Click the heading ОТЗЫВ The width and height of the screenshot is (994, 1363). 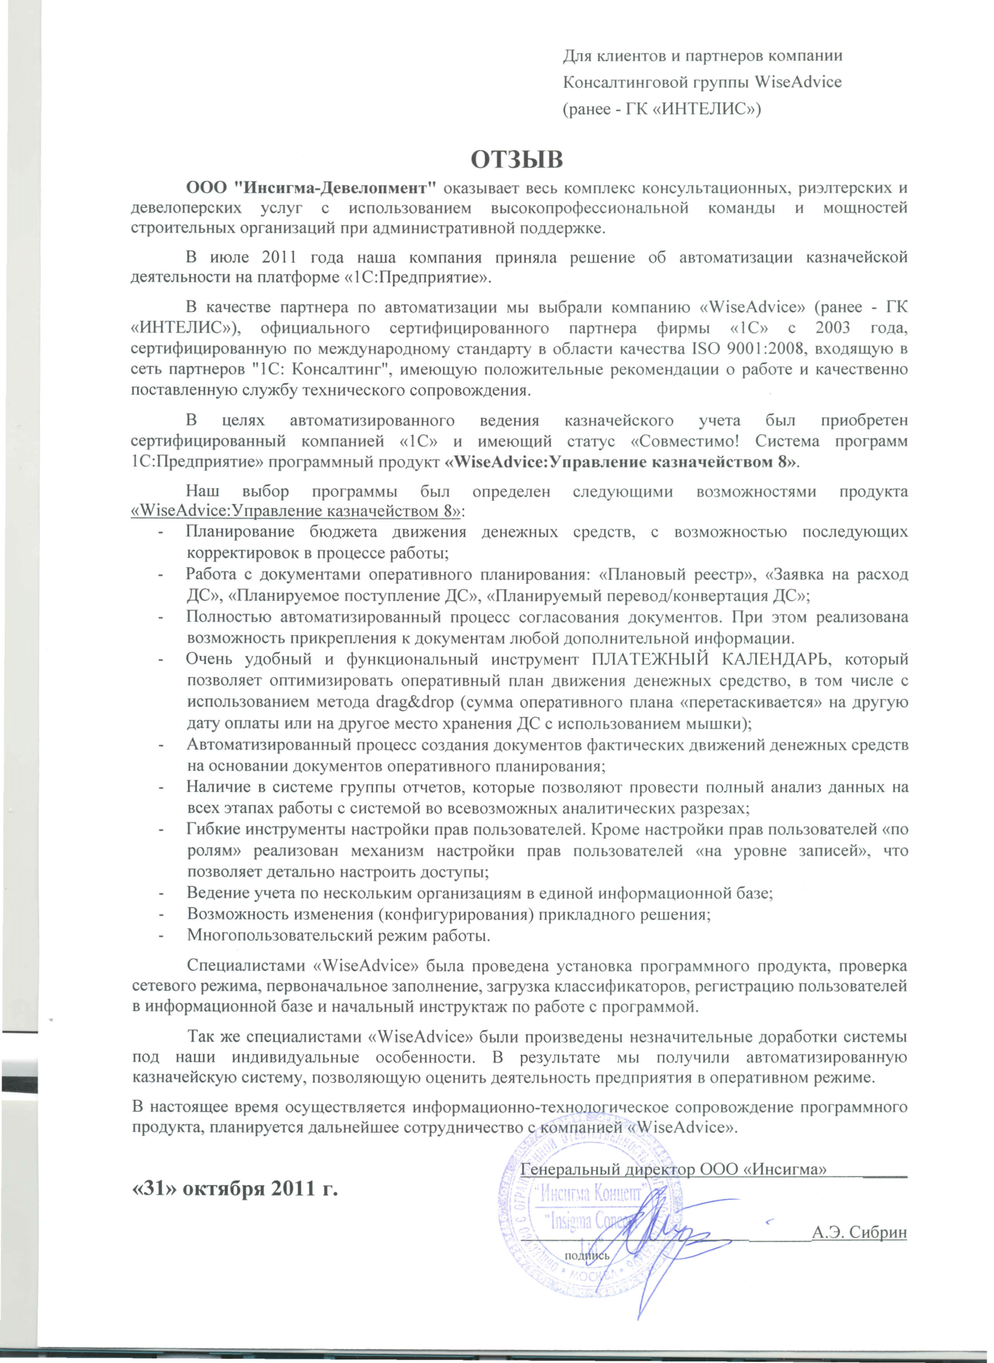coord(517,161)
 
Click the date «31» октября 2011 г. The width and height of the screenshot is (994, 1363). coord(235,1189)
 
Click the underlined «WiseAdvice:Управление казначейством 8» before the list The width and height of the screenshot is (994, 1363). coord(296,512)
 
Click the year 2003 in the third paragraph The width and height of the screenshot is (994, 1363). coord(833,328)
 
